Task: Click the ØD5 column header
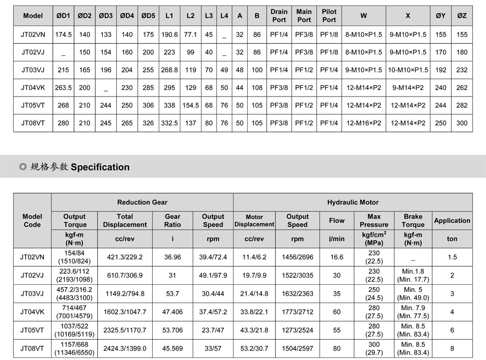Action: (148, 16)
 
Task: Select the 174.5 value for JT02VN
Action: (64, 35)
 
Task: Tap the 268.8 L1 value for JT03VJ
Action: (170, 70)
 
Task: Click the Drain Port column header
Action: (279, 16)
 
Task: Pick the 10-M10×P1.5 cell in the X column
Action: (408, 70)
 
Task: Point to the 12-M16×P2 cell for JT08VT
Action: (364, 123)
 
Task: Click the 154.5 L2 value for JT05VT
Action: (191, 106)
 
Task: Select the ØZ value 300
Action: (462, 123)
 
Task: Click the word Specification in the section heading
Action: (100, 167)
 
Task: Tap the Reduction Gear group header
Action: (142, 203)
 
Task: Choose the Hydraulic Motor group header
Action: (353, 203)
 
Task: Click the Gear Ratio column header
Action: (172, 221)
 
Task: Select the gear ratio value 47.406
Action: (172, 311)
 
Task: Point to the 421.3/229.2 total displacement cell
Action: (125, 257)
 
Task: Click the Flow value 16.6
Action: (337, 257)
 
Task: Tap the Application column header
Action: (452, 221)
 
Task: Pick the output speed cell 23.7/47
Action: (213, 330)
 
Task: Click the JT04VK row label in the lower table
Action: (32, 311)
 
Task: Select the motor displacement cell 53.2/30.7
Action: (254, 348)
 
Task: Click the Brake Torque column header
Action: (413, 221)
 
